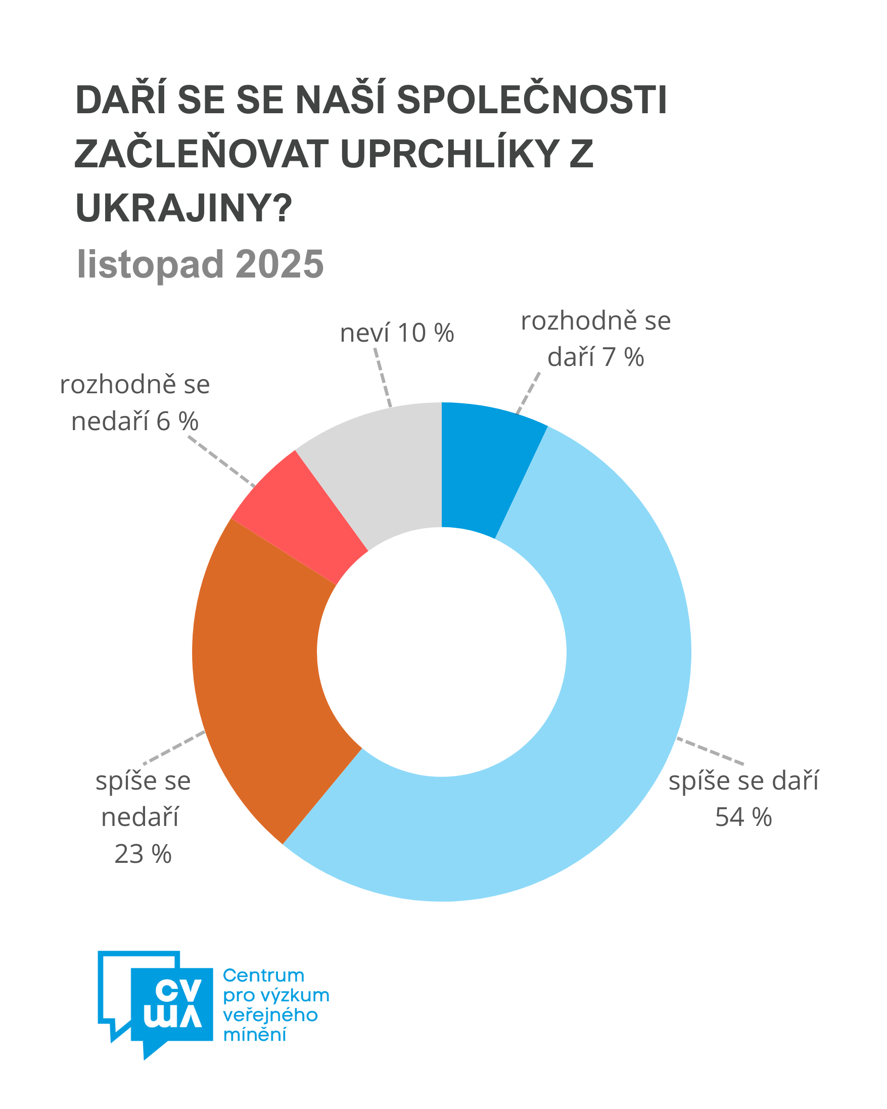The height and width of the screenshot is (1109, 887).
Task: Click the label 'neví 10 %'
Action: [x=396, y=333]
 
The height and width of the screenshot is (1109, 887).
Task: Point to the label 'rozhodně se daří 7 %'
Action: [x=595, y=339]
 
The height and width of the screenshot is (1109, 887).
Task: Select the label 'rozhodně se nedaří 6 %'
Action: [x=135, y=403]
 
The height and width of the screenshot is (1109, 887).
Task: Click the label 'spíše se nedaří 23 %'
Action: [x=143, y=818]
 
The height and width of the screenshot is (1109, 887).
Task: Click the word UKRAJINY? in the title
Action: [x=183, y=208]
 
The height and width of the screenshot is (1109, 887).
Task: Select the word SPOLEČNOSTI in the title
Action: [x=532, y=100]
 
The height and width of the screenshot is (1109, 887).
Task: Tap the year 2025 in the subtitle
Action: [x=279, y=264]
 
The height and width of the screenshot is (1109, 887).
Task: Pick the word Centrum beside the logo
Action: [x=263, y=975]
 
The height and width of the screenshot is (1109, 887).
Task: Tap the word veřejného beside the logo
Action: [x=270, y=1015]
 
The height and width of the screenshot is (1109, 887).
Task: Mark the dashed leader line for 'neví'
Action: [x=383, y=378]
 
